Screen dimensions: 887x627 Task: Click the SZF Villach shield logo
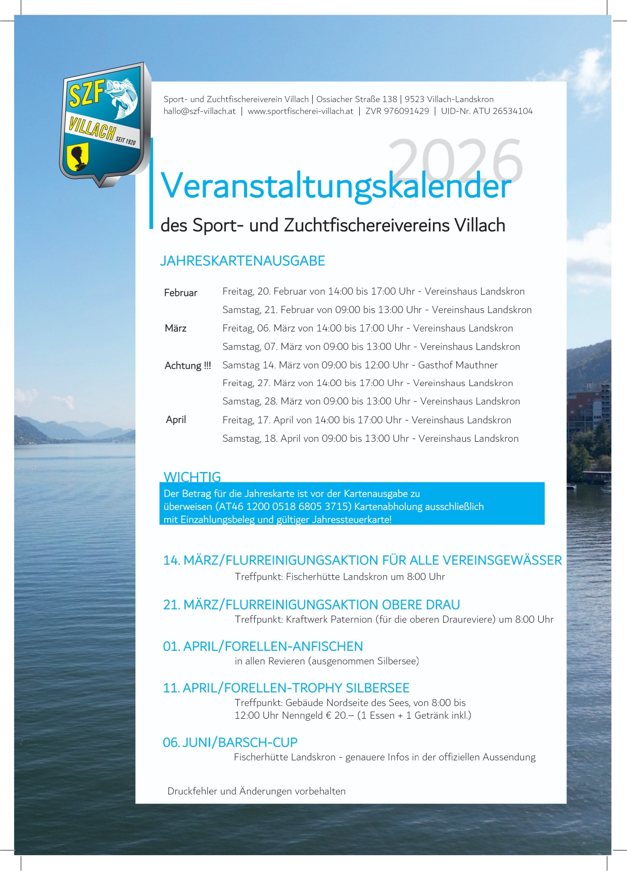click(105, 124)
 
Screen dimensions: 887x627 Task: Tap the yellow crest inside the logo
click(78, 157)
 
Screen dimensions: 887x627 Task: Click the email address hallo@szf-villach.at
click(200, 111)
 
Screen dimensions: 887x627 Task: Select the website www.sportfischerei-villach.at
click(300, 111)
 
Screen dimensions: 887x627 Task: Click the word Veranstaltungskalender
click(336, 186)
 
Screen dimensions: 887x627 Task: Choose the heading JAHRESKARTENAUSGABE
click(243, 261)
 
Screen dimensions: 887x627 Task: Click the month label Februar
click(180, 293)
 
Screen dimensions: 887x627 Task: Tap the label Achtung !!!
click(187, 365)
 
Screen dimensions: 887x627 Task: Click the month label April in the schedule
click(176, 419)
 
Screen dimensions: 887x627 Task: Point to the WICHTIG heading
click(192, 477)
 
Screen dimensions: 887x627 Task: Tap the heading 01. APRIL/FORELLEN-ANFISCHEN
click(263, 646)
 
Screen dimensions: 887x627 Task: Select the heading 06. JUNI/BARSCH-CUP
click(230, 742)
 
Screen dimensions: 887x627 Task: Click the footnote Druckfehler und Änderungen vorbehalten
click(256, 791)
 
